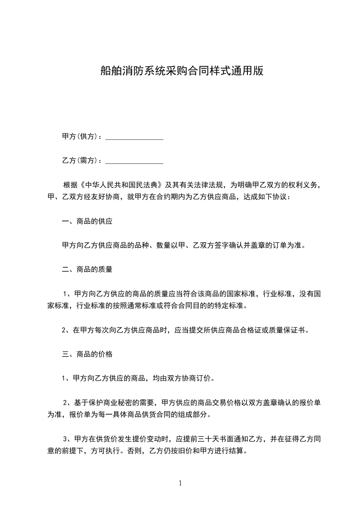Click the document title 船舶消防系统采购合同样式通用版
182,71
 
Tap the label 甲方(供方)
81,136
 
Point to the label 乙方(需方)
81,161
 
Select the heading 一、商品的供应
87,222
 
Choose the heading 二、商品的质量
87,269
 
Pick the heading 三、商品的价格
87,354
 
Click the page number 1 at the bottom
180,483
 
